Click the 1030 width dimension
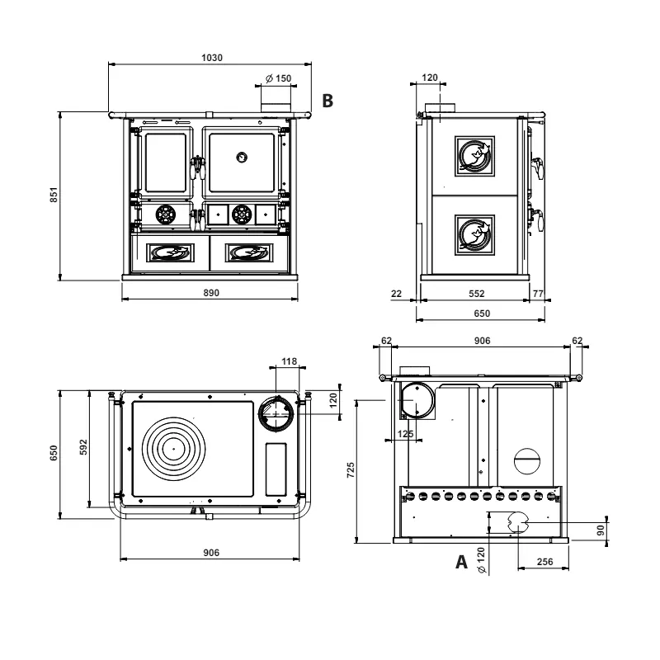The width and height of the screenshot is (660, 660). pyautogui.click(x=213, y=58)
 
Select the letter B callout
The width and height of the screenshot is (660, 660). pyautogui.click(x=328, y=101)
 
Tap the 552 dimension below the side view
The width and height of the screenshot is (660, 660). pyautogui.click(x=476, y=293)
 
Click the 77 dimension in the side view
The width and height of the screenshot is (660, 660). pyautogui.click(x=538, y=293)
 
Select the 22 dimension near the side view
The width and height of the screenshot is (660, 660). pyautogui.click(x=396, y=293)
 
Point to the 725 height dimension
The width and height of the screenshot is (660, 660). pyautogui.click(x=350, y=470)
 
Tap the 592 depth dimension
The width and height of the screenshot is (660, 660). pyautogui.click(x=82, y=445)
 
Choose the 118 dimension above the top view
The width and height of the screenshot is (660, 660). pyautogui.click(x=288, y=361)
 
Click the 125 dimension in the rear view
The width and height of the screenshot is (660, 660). pyautogui.click(x=405, y=433)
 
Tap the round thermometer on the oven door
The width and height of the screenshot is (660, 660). pyautogui.click(x=242, y=156)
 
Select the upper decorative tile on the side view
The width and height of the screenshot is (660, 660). pyautogui.click(x=474, y=156)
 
